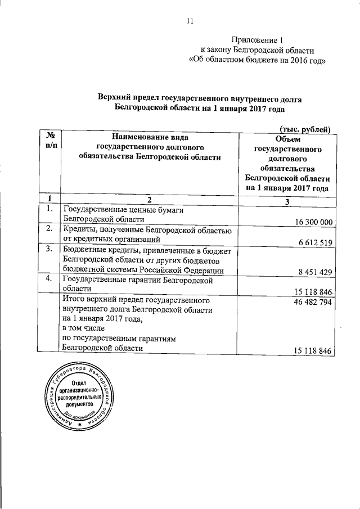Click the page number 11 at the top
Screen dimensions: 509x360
coord(189,21)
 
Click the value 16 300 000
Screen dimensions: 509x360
coord(310,222)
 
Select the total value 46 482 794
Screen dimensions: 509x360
coord(310,301)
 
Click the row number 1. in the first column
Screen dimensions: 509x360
coord(49,209)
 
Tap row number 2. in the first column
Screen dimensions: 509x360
coord(49,228)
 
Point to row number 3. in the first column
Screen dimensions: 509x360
coord(49,249)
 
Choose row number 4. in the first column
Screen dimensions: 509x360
coord(49,278)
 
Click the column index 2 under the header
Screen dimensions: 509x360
coord(149,200)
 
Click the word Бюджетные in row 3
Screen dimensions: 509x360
coord(84,249)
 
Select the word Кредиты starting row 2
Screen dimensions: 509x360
coord(79,229)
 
